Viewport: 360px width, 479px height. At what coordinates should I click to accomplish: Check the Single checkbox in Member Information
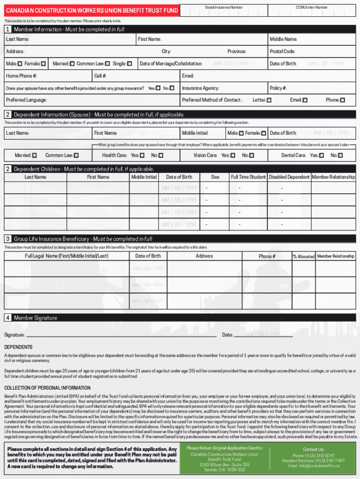click(x=130, y=64)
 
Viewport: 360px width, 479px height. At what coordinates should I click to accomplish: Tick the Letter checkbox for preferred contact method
click(x=269, y=100)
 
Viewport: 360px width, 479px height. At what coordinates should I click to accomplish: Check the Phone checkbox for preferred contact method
click(x=342, y=100)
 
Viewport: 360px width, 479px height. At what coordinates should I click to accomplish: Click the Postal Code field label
click(x=282, y=51)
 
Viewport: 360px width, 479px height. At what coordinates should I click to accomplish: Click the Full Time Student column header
click(x=248, y=177)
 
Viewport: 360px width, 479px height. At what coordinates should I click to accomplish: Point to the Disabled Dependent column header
click(x=289, y=177)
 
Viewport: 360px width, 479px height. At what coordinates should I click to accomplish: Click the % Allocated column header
click(x=303, y=256)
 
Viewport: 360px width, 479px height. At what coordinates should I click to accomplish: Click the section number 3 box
click(x=8, y=239)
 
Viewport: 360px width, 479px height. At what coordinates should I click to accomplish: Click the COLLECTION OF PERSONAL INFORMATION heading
click(x=47, y=388)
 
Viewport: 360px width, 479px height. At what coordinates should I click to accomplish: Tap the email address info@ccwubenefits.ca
click(x=313, y=466)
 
